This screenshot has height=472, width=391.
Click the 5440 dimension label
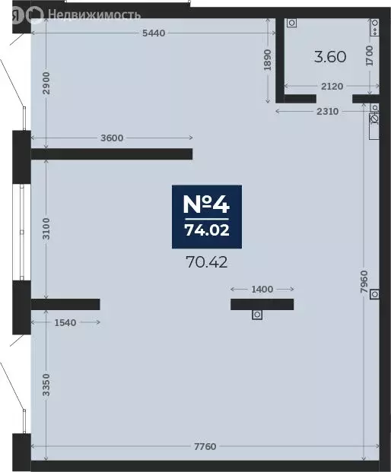(154, 33)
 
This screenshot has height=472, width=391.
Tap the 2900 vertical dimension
(46, 83)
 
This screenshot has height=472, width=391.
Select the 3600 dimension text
(112, 138)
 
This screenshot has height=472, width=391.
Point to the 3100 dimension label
(46, 229)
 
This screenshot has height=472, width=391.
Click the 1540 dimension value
(65, 323)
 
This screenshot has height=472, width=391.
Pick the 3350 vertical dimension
(46, 385)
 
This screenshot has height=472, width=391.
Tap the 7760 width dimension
(205, 446)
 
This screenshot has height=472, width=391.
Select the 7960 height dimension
(364, 282)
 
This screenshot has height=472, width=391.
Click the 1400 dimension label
(262, 290)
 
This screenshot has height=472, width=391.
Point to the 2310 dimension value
(327, 112)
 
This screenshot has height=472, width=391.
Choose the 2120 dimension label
(332, 87)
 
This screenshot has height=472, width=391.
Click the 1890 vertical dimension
(268, 60)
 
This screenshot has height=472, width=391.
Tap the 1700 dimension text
(370, 55)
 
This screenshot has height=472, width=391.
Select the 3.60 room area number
(330, 57)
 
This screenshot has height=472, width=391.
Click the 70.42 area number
(207, 262)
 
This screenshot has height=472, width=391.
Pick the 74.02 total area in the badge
(207, 230)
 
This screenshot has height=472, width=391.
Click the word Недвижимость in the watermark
(94, 14)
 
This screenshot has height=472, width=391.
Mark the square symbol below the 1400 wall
(257, 315)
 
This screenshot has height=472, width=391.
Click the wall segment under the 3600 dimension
(112, 154)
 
